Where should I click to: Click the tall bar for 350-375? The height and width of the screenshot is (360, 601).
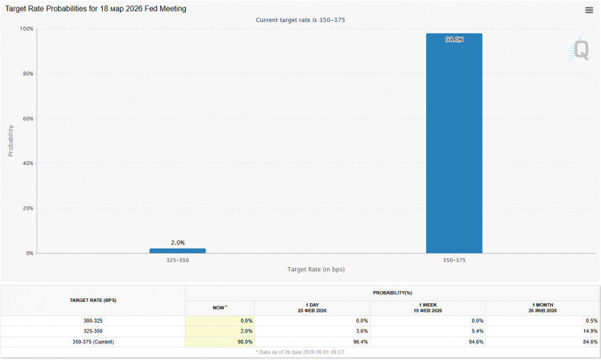pos(454,144)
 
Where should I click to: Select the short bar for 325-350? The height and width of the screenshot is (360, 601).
pos(177,250)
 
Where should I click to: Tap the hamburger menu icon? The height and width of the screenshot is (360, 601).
pos(589,10)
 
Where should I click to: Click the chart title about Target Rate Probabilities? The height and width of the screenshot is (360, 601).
pos(96,9)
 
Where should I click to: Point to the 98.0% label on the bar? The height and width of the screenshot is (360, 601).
pos(454,39)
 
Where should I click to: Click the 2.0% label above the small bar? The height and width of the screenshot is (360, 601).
pos(177,242)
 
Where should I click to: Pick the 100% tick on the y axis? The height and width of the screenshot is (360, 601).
pos(27,29)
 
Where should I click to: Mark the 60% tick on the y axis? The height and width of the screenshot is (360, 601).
pos(27,118)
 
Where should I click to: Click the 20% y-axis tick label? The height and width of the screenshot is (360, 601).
pos(27,208)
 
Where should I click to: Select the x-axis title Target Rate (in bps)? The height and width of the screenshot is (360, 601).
pos(316,269)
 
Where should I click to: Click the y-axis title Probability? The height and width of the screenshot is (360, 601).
pos(11,140)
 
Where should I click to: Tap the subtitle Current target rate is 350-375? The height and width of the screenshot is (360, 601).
pos(300,20)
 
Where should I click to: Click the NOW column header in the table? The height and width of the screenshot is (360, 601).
pos(220,308)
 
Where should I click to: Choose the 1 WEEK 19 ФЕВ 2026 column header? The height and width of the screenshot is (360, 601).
pos(427,308)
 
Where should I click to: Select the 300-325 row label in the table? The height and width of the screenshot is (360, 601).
pos(93,321)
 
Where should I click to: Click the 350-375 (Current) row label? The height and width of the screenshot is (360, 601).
pos(93,341)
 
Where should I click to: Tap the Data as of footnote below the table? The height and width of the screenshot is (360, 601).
pos(300,351)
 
